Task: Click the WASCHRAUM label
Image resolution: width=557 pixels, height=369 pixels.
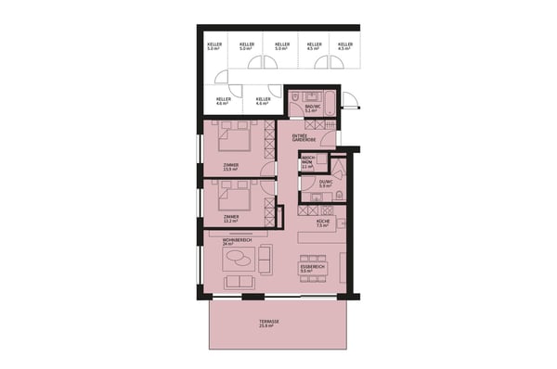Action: tap(307, 163)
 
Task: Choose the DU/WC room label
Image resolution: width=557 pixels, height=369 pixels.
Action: tap(325, 184)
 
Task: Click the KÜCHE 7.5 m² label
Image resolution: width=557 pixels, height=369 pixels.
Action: tap(322, 223)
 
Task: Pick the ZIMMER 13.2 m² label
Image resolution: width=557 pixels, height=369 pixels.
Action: tap(229, 219)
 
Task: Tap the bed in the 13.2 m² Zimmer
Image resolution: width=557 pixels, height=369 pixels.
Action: tap(233, 195)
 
